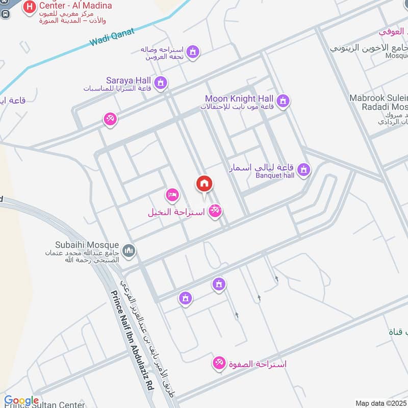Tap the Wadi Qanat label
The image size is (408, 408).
click(x=111, y=37)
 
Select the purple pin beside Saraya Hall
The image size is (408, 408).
click(x=161, y=82)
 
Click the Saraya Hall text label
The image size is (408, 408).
click(x=129, y=81)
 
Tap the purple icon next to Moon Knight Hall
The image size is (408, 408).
click(x=284, y=101)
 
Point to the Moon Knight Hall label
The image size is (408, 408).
click(x=239, y=98)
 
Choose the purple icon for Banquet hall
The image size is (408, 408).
click(x=304, y=169)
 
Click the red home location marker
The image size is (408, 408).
click(x=204, y=184)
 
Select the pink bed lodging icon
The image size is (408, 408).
click(x=172, y=195)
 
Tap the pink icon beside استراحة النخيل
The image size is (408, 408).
click(x=216, y=210)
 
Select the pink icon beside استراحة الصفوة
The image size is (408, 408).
click(x=219, y=363)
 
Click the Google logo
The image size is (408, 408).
click(x=21, y=400)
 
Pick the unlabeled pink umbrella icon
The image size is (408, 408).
click(x=110, y=119)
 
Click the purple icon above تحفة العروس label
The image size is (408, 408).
click(x=192, y=52)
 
